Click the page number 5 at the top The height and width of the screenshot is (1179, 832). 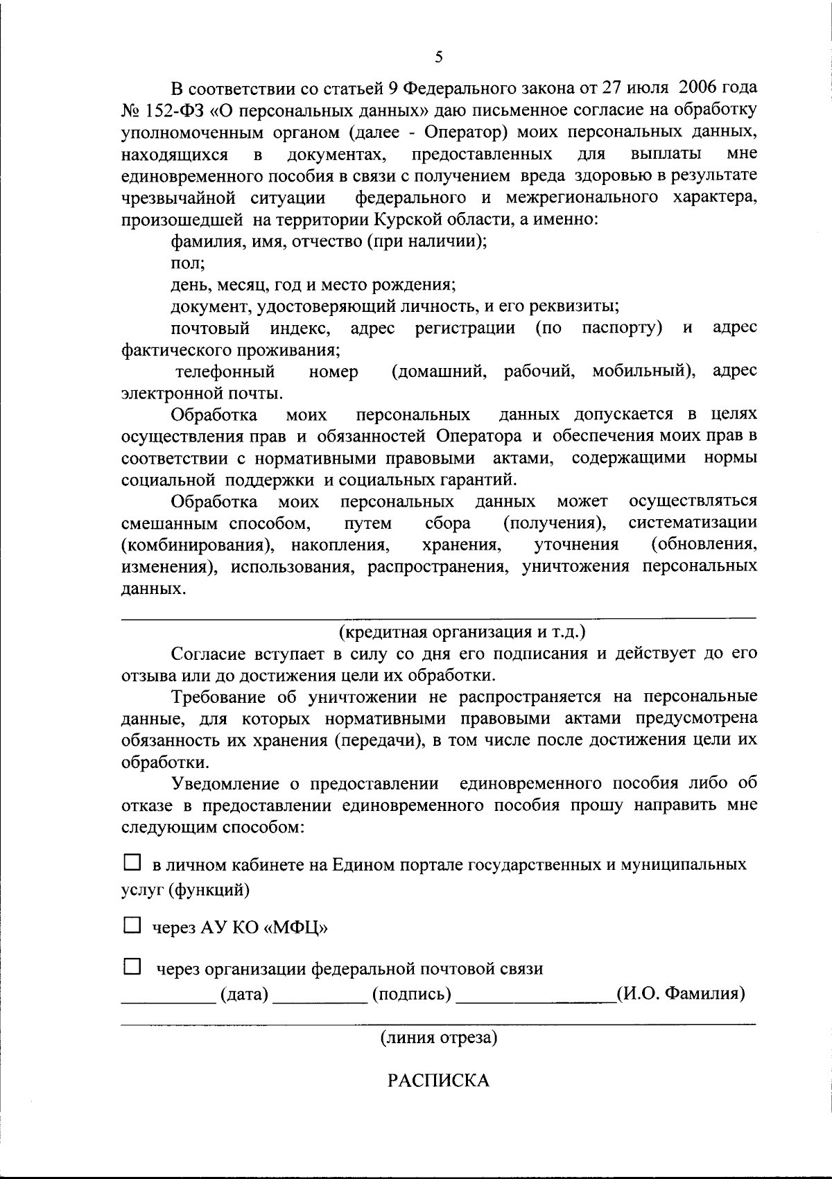[438, 58]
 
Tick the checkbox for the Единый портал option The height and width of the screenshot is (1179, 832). [132, 863]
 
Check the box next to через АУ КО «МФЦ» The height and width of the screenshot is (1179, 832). [132, 925]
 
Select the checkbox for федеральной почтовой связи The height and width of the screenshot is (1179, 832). [132, 966]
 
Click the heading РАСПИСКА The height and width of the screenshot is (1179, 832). [438, 1081]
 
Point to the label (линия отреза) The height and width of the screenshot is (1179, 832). [438, 1038]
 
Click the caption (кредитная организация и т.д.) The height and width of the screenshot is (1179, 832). [462, 631]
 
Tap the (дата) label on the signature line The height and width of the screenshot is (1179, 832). [244, 995]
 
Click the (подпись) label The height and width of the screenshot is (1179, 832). [412, 995]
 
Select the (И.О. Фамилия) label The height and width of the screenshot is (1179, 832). [681, 995]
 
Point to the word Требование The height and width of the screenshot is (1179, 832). [219, 696]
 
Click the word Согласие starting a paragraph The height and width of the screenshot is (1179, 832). [207, 653]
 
